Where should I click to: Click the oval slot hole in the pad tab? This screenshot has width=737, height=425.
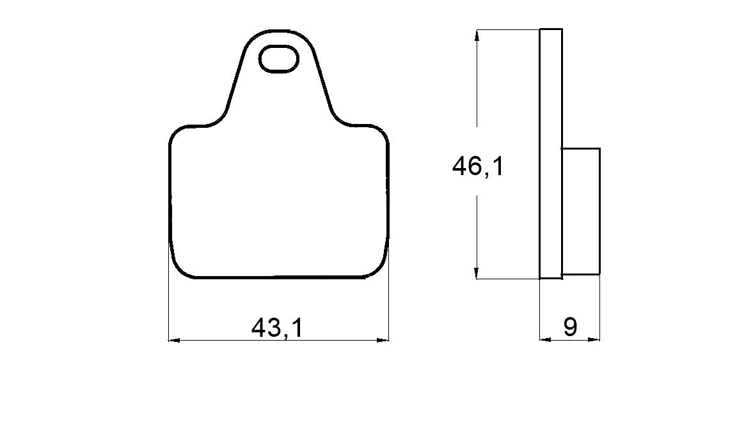point(278,59)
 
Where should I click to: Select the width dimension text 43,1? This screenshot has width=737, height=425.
point(276,328)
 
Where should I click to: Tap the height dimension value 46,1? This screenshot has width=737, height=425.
point(477,167)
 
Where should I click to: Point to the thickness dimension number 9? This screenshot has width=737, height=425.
point(569,327)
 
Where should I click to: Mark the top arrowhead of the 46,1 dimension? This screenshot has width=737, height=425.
point(477,35)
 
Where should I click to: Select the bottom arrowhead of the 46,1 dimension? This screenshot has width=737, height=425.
point(477,273)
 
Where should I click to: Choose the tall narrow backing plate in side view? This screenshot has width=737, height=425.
point(551,153)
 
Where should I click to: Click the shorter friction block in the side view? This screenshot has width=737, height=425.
point(581,211)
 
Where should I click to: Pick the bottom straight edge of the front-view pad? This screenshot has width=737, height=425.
point(278,278)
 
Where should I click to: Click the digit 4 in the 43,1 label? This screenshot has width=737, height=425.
point(259,328)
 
